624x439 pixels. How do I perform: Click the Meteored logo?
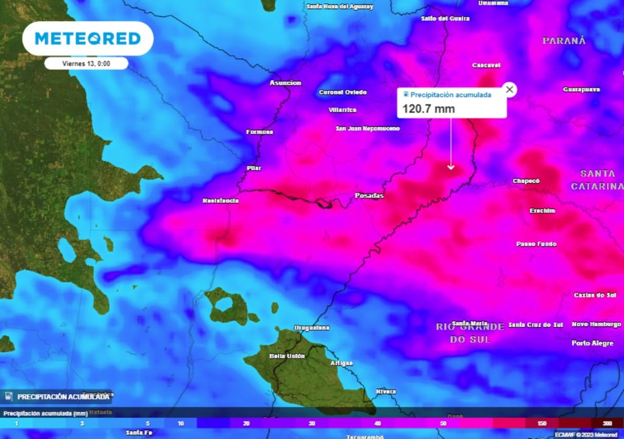(88, 38)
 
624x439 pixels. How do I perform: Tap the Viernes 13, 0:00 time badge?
(86, 63)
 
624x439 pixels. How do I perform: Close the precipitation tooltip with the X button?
(510, 90)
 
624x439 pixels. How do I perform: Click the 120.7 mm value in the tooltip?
(428, 109)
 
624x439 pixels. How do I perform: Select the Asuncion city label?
(285, 82)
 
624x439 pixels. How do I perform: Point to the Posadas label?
(369, 196)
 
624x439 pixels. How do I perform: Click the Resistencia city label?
(221, 201)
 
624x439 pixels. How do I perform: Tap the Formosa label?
(260, 132)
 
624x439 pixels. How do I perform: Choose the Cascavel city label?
(486, 65)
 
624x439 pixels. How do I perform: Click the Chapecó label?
(526, 181)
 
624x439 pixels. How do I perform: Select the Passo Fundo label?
(536, 244)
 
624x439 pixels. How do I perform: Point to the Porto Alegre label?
(592, 343)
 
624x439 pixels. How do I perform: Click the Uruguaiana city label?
(311, 328)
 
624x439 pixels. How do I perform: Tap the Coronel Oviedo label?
(343, 93)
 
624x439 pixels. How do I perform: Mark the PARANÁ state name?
(564, 41)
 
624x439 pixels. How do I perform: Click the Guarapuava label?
(581, 90)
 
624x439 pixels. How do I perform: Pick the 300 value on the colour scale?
(607, 423)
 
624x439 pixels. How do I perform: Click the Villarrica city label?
(342, 110)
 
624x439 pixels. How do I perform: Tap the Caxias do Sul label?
(595, 295)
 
